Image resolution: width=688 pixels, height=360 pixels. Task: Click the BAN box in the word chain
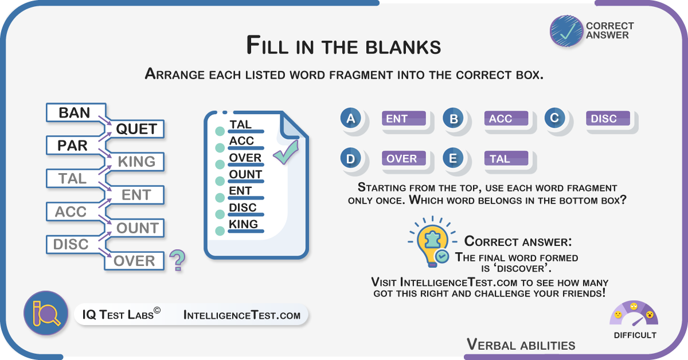(x=76, y=112)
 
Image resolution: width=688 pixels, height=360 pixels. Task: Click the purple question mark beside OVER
(x=178, y=260)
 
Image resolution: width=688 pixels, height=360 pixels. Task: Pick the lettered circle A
(x=350, y=118)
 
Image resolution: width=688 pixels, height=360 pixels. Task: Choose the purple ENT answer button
(x=404, y=118)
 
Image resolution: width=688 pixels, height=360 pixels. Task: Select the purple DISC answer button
(x=608, y=118)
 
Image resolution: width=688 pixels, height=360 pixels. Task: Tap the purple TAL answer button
(x=506, y=158)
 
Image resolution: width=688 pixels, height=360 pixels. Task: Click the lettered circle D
(x=350, y=158)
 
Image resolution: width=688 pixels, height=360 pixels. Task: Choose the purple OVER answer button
(x=404, y=158)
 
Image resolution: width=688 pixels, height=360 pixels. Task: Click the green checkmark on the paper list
(x=286, y=152)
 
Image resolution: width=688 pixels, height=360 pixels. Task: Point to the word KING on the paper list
(x=243, y=224)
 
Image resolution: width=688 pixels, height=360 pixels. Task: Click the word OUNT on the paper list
(x=245, y=174)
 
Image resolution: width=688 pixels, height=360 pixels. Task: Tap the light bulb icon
(x=432, y=242)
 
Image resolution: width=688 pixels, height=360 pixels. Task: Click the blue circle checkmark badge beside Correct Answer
(x=566, y=31)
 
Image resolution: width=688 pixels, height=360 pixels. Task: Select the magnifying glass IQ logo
(x=46, y=313)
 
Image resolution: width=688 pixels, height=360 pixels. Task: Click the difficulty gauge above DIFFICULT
(x=634, y=314)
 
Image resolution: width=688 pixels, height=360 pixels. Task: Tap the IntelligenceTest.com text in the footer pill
(x=242, y=315)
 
